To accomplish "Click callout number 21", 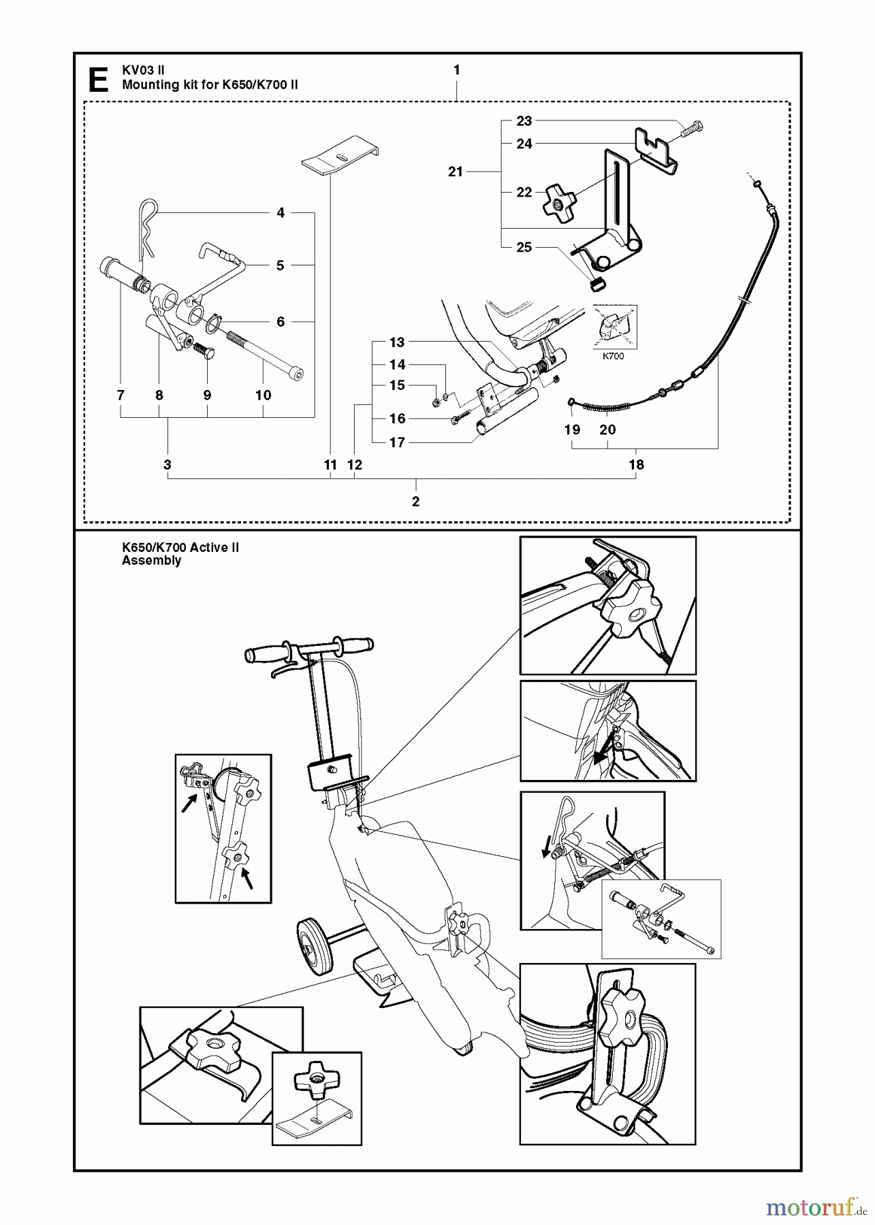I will [x=456, y=172].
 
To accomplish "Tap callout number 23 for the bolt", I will [x=524, y=121].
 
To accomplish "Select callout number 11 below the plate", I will [x=330, y=465].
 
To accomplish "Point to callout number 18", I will [x=637, y=465].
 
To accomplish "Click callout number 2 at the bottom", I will [x=416, y=502].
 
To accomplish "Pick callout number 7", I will [x=121, y=395].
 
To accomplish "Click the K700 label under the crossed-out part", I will [x=613, y=355].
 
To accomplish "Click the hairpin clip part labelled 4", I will [x=148, y=225].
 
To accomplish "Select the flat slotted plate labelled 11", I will [x=340, y=157].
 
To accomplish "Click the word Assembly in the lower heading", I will [x=151, y=561].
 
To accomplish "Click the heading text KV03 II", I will [x=143, y=70].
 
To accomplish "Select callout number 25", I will [x=524, y=247].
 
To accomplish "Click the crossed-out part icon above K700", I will [x=614, y=327].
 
